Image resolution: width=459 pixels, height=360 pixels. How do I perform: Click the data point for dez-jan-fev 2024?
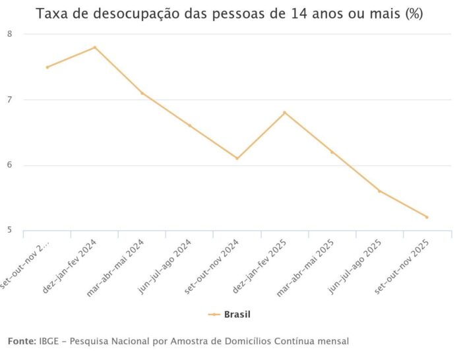(x=95, y=47)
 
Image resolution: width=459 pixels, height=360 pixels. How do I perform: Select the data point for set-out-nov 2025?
(x=427, y=217)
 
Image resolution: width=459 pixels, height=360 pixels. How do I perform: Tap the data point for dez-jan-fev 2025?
(x=285, y=113)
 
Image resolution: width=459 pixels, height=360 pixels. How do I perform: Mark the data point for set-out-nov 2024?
(x=237, y=158)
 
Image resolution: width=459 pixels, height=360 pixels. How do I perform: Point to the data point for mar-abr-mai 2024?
(x=142, y=93)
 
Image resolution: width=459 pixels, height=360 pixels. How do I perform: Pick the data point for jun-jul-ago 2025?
(x=380, y=191)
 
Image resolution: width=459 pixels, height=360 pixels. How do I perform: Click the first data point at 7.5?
(x=47, y=67)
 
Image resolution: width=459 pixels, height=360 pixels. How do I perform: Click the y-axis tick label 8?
(x=9, y=34)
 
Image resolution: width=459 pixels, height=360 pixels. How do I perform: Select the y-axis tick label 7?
(x=9, y=100)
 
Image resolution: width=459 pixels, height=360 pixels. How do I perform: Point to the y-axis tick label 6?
(x=9, y=165)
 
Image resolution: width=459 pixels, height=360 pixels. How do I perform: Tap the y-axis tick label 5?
(x=9, y=230)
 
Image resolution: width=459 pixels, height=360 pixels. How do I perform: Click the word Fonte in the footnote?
(x=21, y=341)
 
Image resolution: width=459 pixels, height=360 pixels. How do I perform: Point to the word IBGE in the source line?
(x=51, y=341)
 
